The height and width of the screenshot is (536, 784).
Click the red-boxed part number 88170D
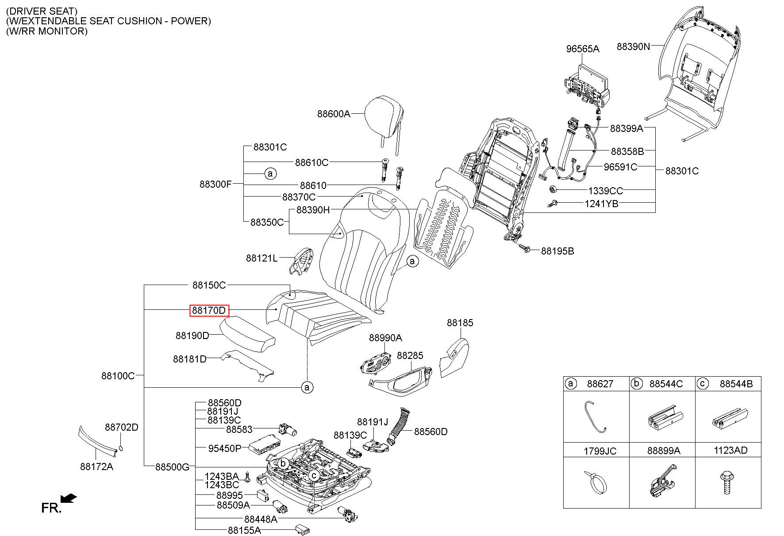(209, 311)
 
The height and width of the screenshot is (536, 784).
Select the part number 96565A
(582, 49)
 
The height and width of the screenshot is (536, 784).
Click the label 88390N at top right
(633, 46)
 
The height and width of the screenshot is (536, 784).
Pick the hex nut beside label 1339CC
(552, 190)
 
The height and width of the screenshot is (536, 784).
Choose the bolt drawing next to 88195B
(526, 250)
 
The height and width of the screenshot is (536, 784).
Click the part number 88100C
(118, 376)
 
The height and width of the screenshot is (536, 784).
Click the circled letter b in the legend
(636, 383)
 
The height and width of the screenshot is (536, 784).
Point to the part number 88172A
(96, 467)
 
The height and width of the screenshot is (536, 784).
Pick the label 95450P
(225, 448)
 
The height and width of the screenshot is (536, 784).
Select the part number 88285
(410, 355)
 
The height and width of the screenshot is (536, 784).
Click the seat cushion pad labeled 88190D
(248, 334)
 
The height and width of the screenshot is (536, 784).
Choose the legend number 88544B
(736, 384)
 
